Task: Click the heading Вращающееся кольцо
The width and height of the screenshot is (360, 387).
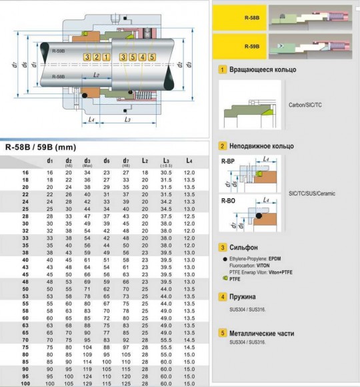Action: [263, 69]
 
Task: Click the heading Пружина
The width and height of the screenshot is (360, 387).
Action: [245, 296]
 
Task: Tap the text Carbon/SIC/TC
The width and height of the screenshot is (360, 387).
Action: [305, 105]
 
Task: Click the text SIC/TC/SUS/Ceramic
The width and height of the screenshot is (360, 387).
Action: [312, 193]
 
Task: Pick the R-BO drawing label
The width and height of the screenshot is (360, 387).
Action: [227, 200]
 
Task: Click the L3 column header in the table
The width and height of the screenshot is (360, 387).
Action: [166, 161]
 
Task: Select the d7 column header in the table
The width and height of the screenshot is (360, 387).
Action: [125, 161]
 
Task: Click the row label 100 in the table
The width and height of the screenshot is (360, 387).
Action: [26, 382]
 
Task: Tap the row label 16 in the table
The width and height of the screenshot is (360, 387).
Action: [26, 173]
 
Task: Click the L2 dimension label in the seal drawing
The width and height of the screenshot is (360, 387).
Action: [98, 75]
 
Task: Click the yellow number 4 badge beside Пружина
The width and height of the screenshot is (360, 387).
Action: [222, 296]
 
